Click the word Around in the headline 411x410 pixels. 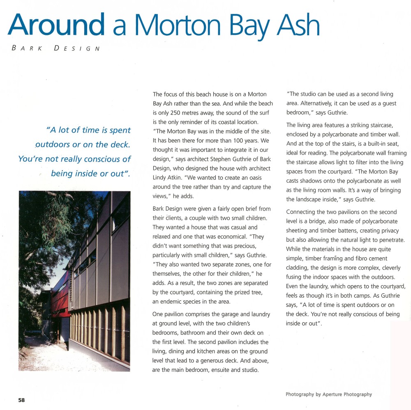[x=56, y=25]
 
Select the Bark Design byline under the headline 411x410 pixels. [x=56, y=48]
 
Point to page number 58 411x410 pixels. [x=21, y=400]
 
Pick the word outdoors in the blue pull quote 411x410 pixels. [x=54, y=144]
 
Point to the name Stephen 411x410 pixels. [x=213, y=159]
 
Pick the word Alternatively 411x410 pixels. [x=322, y=104]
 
